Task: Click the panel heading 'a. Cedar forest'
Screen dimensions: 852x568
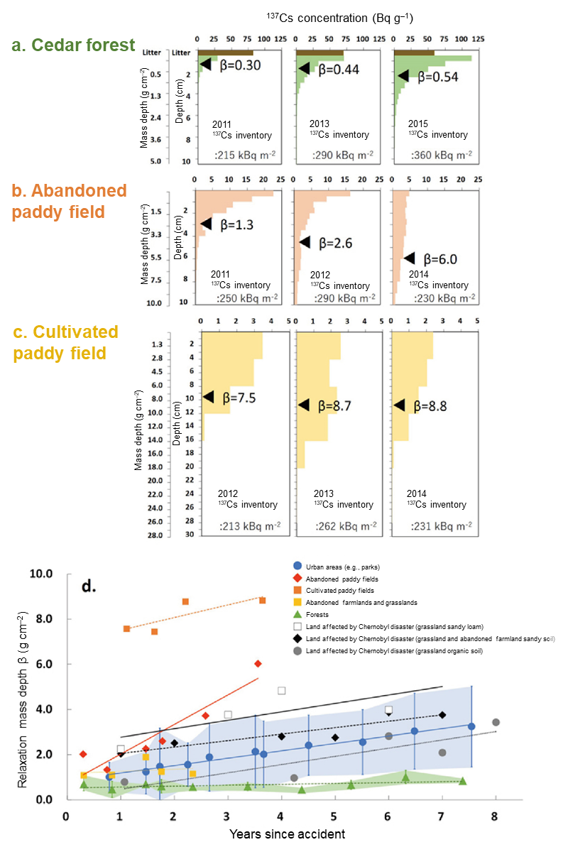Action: [x=73, y=45]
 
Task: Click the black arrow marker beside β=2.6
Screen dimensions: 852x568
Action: [x=305, y=241]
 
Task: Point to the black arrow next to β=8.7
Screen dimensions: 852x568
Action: [x=303, y=405]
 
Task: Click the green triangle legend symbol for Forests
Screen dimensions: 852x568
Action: [x=298, y=615]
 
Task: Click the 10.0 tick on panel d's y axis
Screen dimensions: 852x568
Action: [x=44, y=574]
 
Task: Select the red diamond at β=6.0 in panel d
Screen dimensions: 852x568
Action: [x=258, y=663]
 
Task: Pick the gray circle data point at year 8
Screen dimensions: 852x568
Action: [x=496, y=722]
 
